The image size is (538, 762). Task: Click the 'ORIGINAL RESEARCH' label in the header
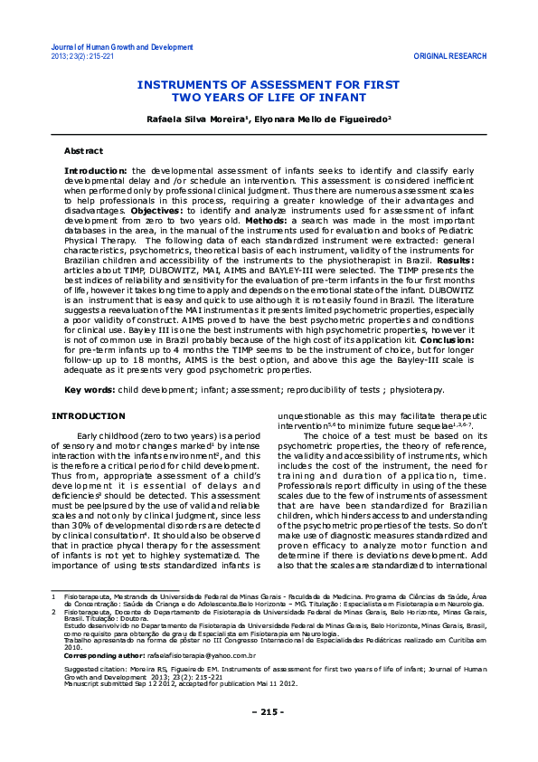tap(450, 56)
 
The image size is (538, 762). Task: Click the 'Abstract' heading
tap(83, 150)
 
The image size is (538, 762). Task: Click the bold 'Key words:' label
tap(89, 390)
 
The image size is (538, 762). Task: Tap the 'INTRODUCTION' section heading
tap(88, 415)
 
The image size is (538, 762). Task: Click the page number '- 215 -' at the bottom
tap(269, 738)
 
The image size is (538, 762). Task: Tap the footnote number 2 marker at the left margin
tap(54, 637)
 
